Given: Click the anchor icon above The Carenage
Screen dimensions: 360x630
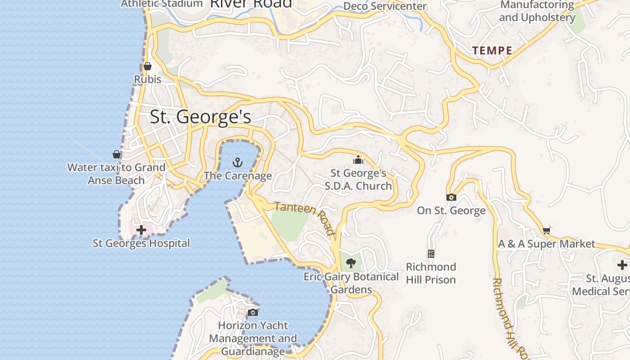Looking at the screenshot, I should (x=237, y=162).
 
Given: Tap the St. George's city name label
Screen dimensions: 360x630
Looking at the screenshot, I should (x=200, y=117).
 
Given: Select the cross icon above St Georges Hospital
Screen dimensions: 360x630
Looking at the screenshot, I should (x=141, y=230).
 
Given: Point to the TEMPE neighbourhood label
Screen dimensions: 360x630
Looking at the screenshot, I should (x=492, y=50).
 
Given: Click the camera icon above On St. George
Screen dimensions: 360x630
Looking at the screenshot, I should (x=451, y=197).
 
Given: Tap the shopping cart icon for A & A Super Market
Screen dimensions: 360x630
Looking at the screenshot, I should (x=546, y=230).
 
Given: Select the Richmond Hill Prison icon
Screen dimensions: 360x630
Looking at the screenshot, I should (x=431, y=254).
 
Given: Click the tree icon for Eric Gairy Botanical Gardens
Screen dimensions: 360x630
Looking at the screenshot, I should (x=351, y=263).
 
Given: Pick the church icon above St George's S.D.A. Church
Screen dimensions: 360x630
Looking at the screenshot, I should (x=358, y=160).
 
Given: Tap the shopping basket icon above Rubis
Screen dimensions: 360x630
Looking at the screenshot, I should (x=148, y=67).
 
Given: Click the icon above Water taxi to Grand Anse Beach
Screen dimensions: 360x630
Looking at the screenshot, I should (x=117, y=154).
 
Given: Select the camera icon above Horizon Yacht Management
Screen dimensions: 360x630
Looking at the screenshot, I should (x=253, y=312).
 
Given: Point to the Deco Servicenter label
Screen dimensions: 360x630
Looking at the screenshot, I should (x=385, y=6).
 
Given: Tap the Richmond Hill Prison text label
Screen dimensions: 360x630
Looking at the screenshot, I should (x=431, y=273).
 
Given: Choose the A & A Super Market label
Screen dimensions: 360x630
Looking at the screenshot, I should (x=546, y=244).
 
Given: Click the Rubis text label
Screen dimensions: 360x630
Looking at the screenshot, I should (x=148, y=79).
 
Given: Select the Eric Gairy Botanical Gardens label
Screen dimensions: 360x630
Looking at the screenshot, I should (x=351, y=283).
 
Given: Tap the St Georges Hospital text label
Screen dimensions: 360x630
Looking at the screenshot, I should (x=141, y=243).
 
